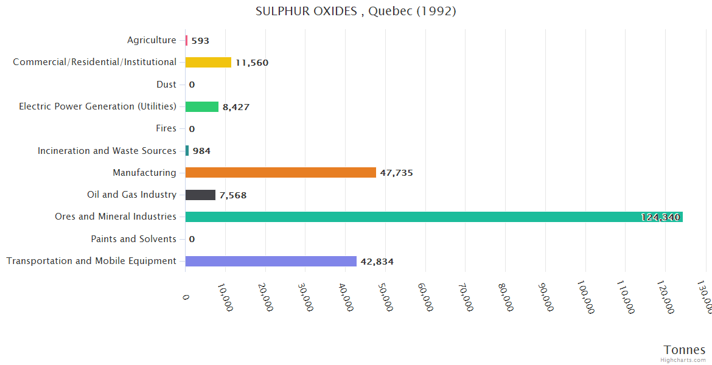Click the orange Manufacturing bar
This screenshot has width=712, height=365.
pyautogui.click(x=281, y=173)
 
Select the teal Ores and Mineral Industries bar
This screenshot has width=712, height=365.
pyautogui.click(x=426, y=217)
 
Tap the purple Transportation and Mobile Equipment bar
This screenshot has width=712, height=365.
pyautogui.click(x=271, y=262)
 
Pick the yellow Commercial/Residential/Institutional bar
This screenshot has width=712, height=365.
pyautogui.click(x=208, y=63)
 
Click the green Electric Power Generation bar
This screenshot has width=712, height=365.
pyautogui.click(x=201, y=107)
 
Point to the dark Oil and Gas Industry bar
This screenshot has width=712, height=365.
pyautogui.click(x=200, y=195)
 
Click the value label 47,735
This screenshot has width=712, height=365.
pyautogui.click(x=396, y=173)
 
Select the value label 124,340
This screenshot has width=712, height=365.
pyautogui.click(x=660, y=217)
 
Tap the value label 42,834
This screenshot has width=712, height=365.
pyautogui.click(x=377, y=262)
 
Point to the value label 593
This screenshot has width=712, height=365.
pyautogui.click(x=200, y=41)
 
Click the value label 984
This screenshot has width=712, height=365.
pyautogui.click(x=201, y=151)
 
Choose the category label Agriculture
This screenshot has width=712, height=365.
pyautogui.click(x=152, y=40)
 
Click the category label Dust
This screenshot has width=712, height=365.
pyautogui.click(x=166, y=85)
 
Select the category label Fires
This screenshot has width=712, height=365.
pyautogui.click(x=166, y=128)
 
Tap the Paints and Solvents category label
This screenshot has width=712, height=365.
pyautogui.click(x=133, y=239)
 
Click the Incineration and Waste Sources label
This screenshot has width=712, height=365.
pyautogui.click(x=107, y=151)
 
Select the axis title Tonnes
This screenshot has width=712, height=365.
pyautogui.click(x=684, y=350)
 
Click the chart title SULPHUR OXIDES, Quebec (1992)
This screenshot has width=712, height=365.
pyautogui.click(x=356, y=12)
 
